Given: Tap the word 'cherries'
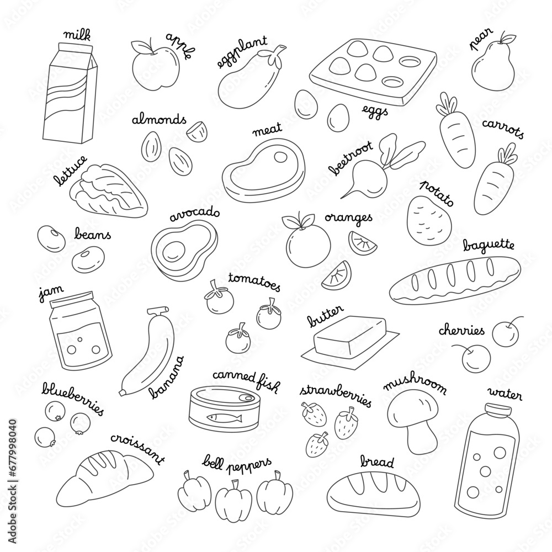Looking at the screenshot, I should (461, 331).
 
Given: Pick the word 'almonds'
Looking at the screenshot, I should (158, 120).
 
